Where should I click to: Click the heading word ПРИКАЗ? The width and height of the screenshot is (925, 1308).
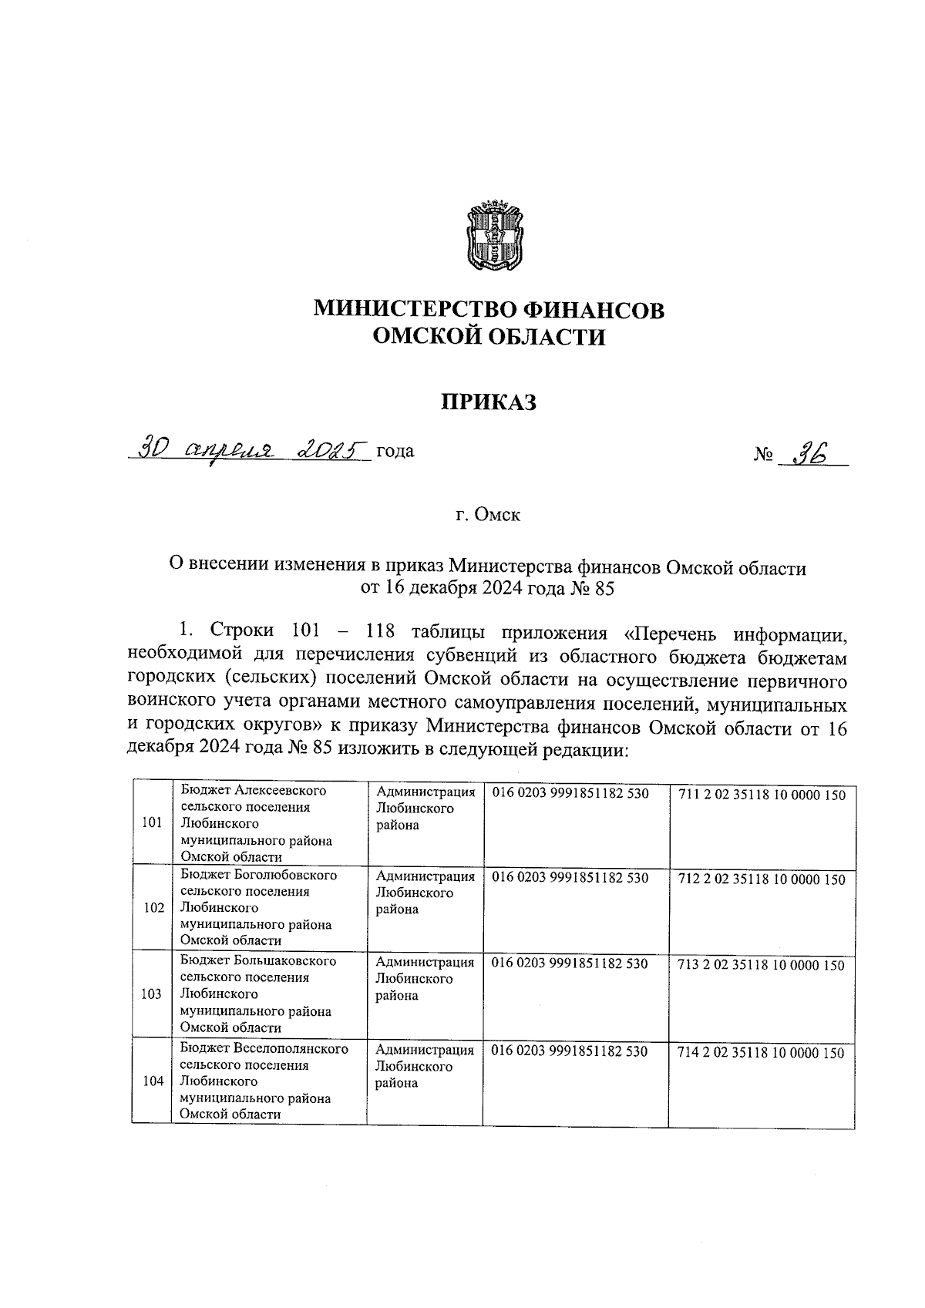point(488,402)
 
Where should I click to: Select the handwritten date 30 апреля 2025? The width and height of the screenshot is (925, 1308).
point(251,449)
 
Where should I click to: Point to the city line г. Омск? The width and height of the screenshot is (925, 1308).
point(488,515)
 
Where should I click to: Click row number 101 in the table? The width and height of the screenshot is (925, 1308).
point(153,822)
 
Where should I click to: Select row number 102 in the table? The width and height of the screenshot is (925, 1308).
point(153,907)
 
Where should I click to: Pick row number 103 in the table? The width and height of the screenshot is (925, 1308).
point(153,994)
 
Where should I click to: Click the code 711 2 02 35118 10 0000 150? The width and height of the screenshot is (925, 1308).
point(762,795)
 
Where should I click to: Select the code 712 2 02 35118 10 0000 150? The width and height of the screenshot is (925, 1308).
point(762,879)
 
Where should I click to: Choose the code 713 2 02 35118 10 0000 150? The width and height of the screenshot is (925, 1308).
point(762,965)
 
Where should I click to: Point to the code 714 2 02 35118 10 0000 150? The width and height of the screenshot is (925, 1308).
point(762,1053)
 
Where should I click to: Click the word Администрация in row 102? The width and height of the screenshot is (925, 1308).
point(425,876)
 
